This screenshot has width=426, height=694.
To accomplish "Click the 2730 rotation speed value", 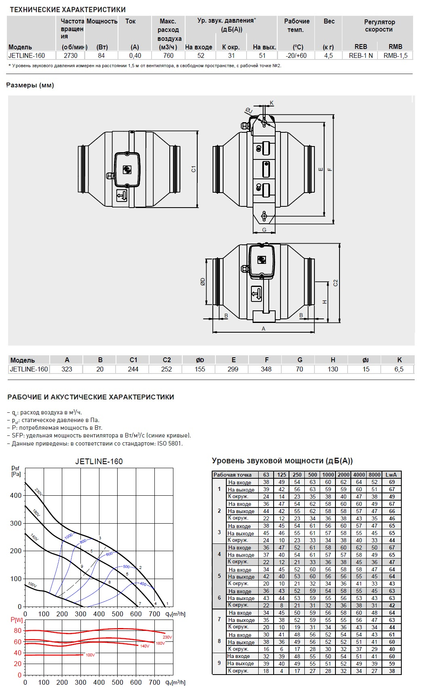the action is point(71,55).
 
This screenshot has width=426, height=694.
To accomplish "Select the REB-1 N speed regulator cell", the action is point(361,55).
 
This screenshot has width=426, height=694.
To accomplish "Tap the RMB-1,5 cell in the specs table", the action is point(395,55).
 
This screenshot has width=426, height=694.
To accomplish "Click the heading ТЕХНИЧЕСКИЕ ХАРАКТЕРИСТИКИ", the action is point(67,9).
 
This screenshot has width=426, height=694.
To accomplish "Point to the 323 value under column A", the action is point(67,369).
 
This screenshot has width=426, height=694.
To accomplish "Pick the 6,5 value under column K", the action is point(399,369).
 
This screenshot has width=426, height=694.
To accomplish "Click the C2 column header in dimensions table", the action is point(167,360).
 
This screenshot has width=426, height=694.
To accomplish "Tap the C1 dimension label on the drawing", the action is point(194,169).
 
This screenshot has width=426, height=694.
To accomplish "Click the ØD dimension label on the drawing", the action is point(203,281).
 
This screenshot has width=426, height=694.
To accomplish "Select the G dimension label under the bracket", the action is point(264,230).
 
